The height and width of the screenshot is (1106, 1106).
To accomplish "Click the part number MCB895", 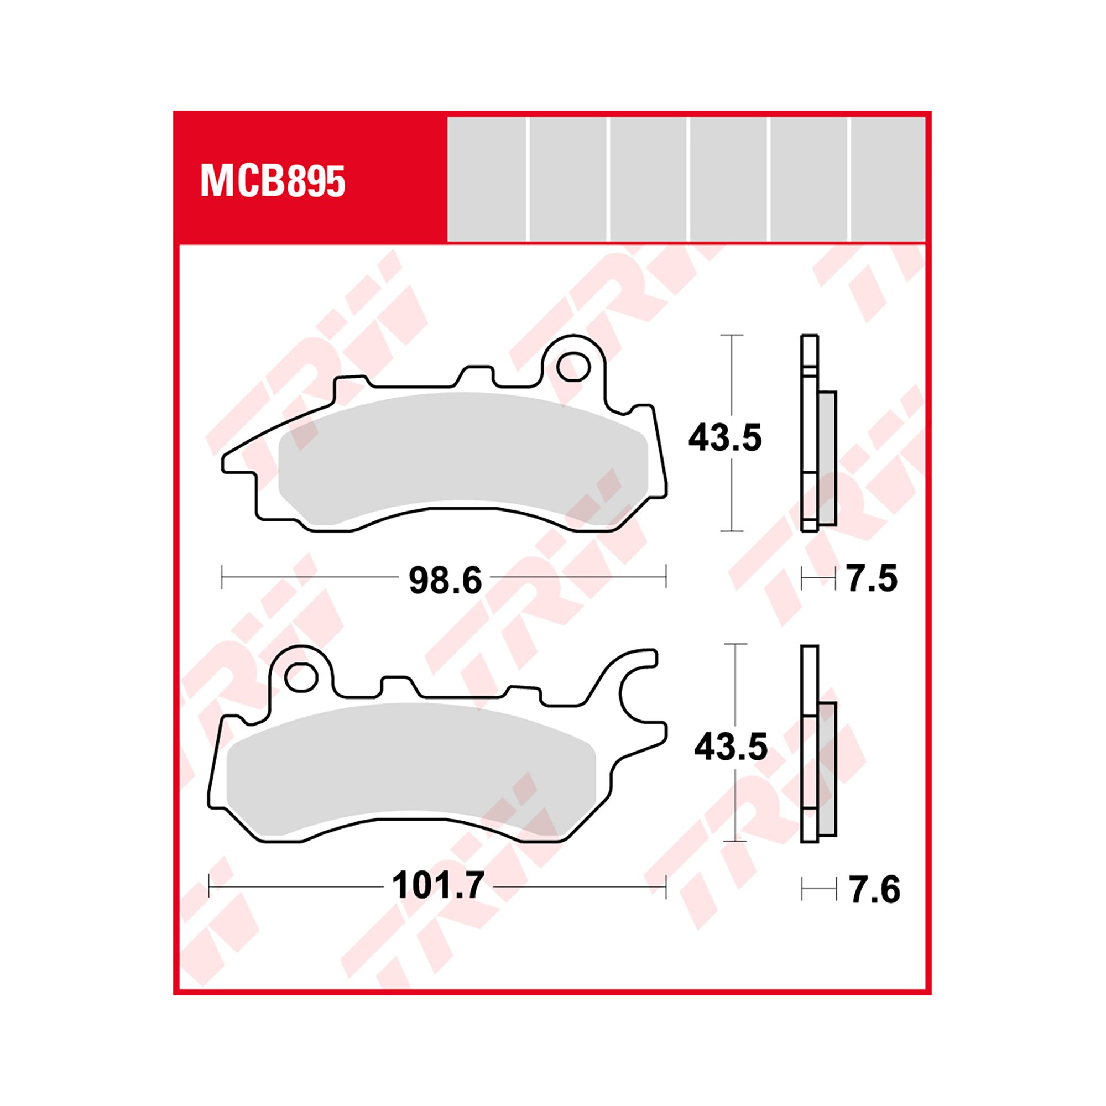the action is (x=273, y=181).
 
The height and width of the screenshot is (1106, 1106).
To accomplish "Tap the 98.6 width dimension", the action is (x=445, y=580).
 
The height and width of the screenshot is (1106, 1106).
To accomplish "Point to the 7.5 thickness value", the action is (x=872, y=578).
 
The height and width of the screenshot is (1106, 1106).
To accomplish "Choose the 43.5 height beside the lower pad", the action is (x=731, y=747).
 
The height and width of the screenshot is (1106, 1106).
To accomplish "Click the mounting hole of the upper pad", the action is (x=573, y=367).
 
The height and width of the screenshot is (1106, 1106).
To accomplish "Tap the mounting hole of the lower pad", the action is (x=301, y=677).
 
